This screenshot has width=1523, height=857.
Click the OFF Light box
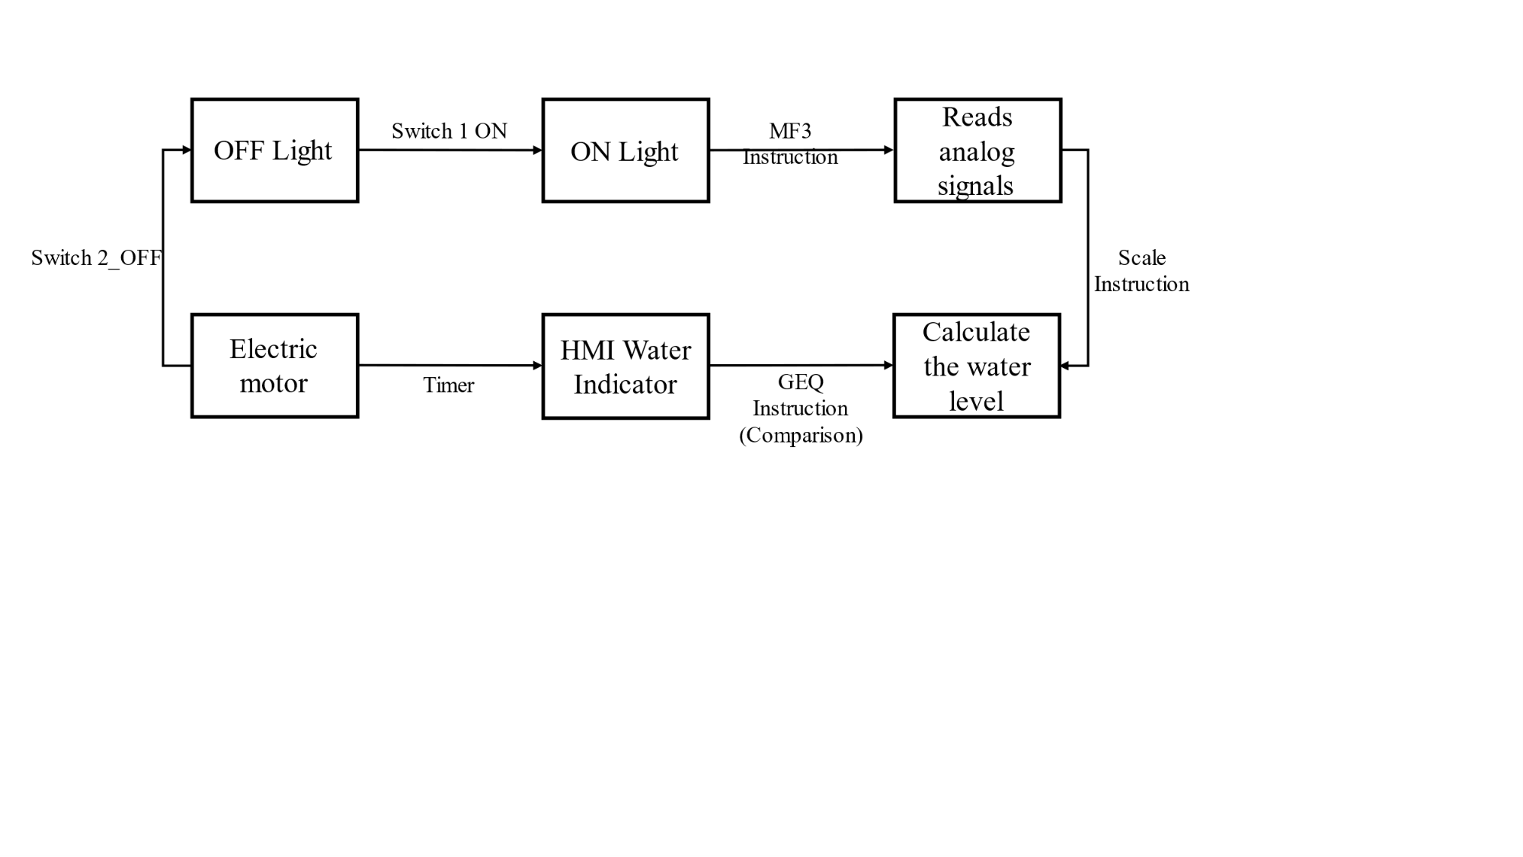click(274, 150)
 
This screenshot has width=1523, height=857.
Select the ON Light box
click(626, 151)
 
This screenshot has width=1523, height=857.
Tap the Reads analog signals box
click(977, 151)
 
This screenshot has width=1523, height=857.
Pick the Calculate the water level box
click(977, 366)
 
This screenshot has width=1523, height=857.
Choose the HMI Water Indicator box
click(626, 366)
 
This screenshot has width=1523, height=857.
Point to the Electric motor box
click(274, 366)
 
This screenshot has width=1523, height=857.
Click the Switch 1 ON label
click(450, 131)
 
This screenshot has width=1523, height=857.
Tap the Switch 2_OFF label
click(96, 258)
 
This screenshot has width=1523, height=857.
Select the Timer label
click(449, 385)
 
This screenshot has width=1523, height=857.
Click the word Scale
click(1141, 258)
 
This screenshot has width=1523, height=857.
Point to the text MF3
click(790, 131)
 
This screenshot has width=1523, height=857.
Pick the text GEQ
click(800, 382)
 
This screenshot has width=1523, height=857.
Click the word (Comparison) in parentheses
click(801, 435)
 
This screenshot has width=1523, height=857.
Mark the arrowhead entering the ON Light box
click(537, 150)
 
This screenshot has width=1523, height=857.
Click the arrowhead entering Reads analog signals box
click(888, 150)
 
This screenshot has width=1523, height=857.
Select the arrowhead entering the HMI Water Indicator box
click(537, 366)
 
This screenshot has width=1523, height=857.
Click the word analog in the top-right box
click(977, 152)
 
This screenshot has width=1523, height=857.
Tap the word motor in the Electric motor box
click(274, 383)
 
